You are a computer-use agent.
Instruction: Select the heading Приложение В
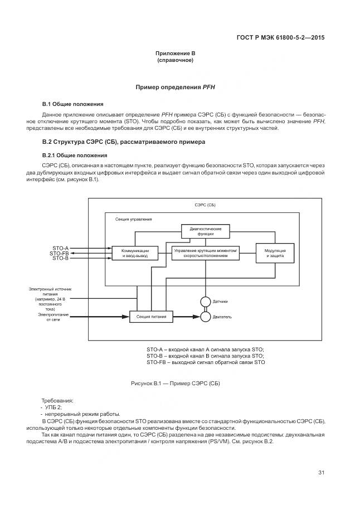pos(175,54)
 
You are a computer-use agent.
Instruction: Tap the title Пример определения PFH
pos(175,88)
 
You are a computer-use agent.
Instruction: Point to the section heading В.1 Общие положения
pos(73,104)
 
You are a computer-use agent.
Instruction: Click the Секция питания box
pos(152,317)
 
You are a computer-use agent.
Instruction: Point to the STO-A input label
pos(61,248)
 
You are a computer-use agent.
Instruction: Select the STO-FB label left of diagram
pos(59,254)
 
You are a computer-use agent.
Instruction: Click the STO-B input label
pos(61,259)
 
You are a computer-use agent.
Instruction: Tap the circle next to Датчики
pos(205,302)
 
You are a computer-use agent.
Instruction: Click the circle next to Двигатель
pos(205,317)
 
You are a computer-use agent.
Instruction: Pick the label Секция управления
pos(133,219)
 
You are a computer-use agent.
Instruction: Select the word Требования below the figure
pos(57,401)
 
